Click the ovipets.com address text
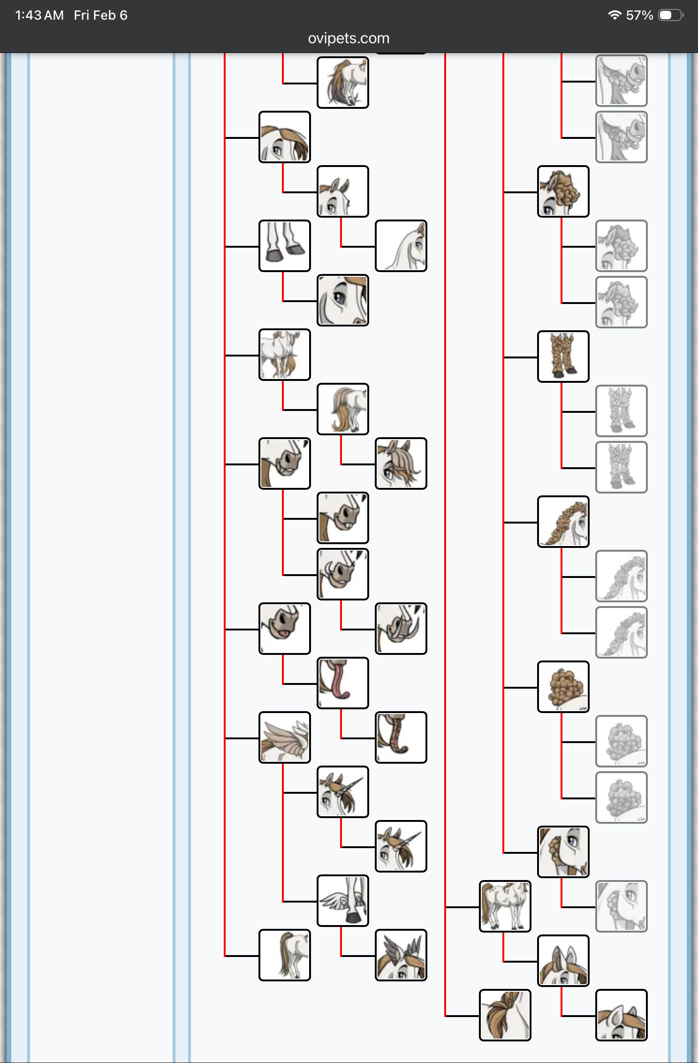click(349, 38)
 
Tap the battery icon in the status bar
click(670, 15)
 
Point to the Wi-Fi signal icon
click(614, 15)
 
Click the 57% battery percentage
click(639, 15)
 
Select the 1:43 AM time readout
click(39, 15)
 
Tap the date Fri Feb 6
click(100, 15)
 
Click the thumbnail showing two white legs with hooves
click(285, 246)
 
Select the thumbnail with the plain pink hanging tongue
click(343, 683)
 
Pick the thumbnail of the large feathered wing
click(285, 737)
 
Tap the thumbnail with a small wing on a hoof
click(343, 901)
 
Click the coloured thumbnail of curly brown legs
click(563, 357)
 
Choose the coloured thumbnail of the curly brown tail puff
click(563, 687)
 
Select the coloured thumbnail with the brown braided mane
click(563, 522)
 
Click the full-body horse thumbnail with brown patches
click(505, 906)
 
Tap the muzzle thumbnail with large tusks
click(401, 629)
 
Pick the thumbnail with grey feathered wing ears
click(401, 955)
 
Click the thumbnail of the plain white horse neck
click(401, 246)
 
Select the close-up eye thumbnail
click(343, 300)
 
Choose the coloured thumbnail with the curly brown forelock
click(563, 191)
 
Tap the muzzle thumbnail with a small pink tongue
click(285, 629)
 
